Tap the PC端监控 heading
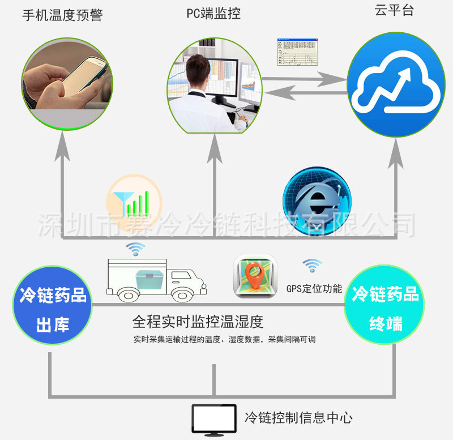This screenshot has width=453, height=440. tap(214, 14)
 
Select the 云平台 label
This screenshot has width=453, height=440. tap(394, 10)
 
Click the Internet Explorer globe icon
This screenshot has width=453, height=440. tap(317, 200)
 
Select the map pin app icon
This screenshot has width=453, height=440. tap(256, 276)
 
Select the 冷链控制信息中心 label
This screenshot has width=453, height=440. tap(298, 418)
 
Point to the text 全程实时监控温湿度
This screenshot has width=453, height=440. tap(198, 322)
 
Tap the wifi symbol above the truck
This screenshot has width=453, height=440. tap(135, 249)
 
